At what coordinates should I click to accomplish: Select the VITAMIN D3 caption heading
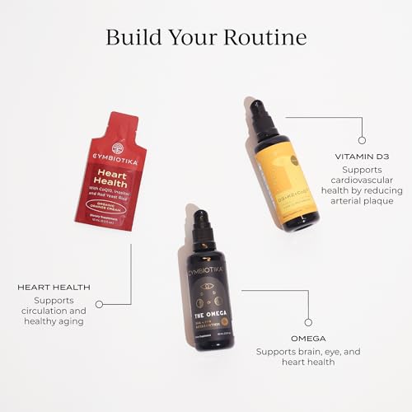(x=356, y=156)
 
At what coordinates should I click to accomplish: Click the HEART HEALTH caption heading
(x=53, y=288)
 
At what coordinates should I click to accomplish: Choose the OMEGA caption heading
(x=308, y=338)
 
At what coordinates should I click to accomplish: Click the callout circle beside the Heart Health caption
(x=99, y=304)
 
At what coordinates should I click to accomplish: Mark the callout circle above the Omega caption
(x=307, y=321)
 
